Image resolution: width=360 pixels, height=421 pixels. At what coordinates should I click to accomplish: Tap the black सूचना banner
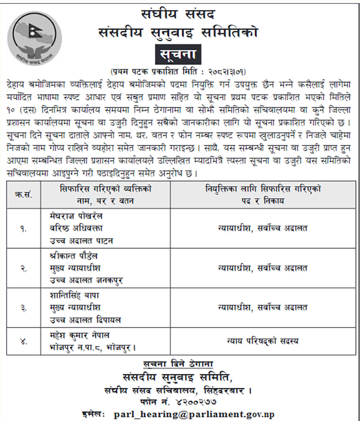pos(178,54)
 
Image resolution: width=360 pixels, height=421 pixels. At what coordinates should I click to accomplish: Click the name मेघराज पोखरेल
pos(76,216)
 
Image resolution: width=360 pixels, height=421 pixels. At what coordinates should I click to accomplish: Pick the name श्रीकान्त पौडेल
pos(74,256)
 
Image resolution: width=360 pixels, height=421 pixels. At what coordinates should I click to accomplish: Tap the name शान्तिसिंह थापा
pos(75,295)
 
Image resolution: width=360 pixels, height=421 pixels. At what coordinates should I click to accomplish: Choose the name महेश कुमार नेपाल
pos(80,335)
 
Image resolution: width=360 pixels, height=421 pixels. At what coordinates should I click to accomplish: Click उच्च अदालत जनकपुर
pos(86,281)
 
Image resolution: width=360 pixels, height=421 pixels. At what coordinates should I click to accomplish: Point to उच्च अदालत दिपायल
pos(85,320)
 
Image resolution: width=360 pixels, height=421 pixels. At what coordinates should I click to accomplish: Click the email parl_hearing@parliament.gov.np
pos(194,414)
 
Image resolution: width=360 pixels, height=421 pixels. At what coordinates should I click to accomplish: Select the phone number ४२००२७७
pos(195,401)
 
